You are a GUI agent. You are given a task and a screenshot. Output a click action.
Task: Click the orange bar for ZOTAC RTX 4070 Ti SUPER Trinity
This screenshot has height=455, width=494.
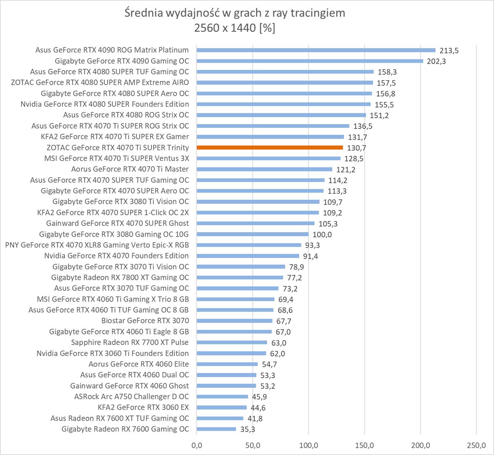(270, 148)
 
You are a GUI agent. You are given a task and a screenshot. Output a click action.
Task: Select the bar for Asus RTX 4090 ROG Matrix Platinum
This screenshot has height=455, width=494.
(316, 50)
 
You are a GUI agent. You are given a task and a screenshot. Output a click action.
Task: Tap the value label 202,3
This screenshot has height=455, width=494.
(436, 61)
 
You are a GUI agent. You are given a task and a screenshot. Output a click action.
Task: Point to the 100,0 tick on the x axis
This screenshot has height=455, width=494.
(309, 445)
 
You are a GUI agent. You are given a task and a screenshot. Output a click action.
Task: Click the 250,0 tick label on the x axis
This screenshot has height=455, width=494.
(476, 445)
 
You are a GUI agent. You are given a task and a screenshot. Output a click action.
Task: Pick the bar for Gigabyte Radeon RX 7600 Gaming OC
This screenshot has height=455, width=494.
(216, 429)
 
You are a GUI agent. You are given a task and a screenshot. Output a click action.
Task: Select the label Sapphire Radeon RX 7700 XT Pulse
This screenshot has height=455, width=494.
(130, 343)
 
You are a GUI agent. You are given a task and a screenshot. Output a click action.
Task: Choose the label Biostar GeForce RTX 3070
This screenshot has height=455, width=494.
(145, 321)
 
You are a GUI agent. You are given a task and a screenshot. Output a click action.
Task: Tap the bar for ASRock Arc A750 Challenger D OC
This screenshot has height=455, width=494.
(222, 397)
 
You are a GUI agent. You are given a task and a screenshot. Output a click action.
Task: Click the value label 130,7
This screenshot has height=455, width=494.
(357, 148)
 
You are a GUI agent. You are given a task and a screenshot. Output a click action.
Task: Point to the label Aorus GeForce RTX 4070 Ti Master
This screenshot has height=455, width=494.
(130, 169)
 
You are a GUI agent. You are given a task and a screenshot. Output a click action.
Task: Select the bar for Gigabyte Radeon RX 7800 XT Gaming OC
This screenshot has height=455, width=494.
(240, 277)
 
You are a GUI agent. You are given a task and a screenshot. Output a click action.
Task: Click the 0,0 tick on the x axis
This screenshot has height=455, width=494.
(197, 445)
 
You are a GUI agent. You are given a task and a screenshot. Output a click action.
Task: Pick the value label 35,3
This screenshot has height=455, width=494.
(248, 430)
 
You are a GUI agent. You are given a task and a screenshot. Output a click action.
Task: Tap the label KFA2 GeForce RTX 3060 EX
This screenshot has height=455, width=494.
(143, 407)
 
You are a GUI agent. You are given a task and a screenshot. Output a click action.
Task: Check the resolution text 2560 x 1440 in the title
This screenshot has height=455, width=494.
(225, 28)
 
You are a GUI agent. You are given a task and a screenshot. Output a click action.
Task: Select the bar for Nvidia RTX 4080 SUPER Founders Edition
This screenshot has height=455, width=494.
(284, 104)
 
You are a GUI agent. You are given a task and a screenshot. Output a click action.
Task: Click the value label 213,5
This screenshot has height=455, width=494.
(449, 51)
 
